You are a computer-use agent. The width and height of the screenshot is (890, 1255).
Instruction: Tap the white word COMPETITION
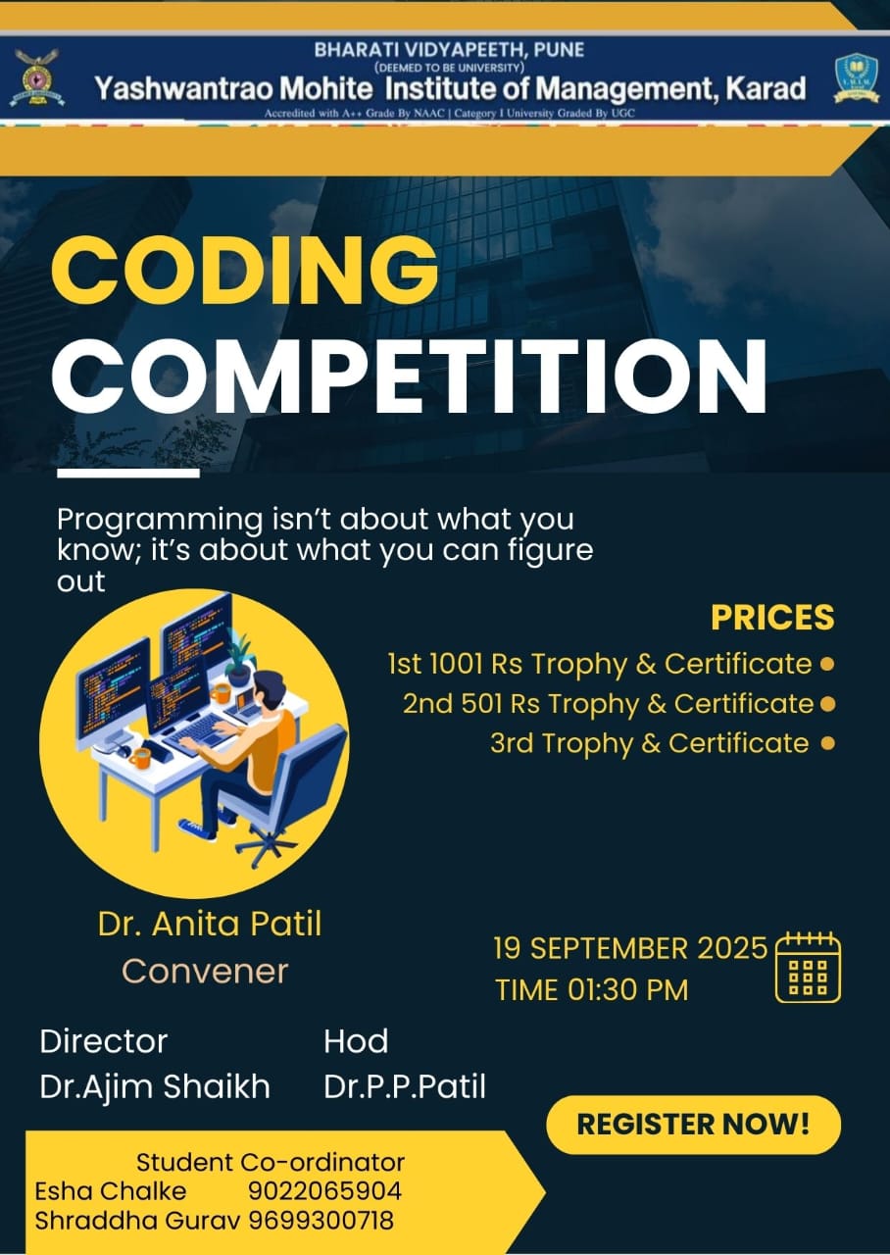tap(409, 375)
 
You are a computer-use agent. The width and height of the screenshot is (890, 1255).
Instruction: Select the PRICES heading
tap(772, 618)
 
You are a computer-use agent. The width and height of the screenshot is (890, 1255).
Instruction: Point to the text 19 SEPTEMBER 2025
tap(630, 948)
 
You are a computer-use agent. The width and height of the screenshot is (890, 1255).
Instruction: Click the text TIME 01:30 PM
tap(591, 990)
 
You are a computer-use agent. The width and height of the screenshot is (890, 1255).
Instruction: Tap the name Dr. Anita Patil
tap(210, 924)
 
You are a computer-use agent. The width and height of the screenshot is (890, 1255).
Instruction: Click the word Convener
tap(205, 971)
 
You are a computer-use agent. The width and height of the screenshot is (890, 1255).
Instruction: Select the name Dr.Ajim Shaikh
tap(155, 1086)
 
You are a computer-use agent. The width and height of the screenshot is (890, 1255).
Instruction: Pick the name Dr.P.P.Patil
tap(405, 1086)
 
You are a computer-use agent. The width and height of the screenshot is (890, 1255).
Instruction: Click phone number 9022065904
tap(324, 1191)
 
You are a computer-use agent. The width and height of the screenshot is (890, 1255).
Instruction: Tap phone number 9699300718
tap(321, 1221)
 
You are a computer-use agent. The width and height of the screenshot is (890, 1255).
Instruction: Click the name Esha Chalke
tap(111, 1191)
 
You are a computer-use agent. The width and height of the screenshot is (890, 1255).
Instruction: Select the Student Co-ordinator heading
tap(270, 1162)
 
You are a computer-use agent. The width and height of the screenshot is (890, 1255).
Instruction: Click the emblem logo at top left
tap(36, 77)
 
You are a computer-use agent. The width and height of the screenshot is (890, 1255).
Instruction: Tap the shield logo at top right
tap(856, 77)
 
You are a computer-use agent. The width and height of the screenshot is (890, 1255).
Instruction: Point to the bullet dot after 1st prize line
tap(826, 664)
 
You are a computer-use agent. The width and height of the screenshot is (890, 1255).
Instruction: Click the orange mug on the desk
tap(140, 757)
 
